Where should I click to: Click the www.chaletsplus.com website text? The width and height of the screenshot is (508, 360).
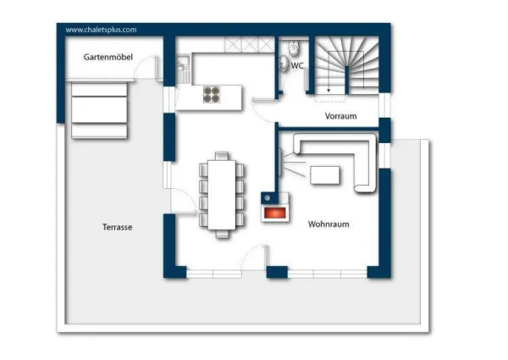[x=101, y=30]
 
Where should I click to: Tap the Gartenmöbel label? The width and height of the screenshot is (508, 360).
[x=108, y=57]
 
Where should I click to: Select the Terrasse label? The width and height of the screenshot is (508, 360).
[x=118, y=227]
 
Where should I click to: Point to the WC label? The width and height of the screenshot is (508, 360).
[x=297, y=66]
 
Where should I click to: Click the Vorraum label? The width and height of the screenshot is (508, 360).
[x=341, y=116]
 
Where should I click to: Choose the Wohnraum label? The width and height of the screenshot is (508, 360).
[x=329, y=224]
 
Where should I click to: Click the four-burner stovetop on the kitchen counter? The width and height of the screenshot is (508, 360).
[x=212, y=95]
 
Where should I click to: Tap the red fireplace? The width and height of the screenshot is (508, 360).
[x=275, y=213]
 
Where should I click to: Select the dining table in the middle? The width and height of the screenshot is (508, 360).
[x=222, y=195]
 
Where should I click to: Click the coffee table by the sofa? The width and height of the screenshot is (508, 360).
[x=325, y=175]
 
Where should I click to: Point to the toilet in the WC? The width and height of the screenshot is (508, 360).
[x=293, y=48]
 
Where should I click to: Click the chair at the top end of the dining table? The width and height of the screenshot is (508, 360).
[x=222, y=156]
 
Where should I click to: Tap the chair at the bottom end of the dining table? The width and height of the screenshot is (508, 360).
[x=222, y=234]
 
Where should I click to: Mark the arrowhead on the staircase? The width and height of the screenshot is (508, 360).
[x=329, y=91]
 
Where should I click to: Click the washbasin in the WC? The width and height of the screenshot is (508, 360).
[x=284, y=64]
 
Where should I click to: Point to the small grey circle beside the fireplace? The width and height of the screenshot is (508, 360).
[x=268, y=197]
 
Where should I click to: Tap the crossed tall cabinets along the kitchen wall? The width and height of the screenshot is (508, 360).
[x=250, y=44]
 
